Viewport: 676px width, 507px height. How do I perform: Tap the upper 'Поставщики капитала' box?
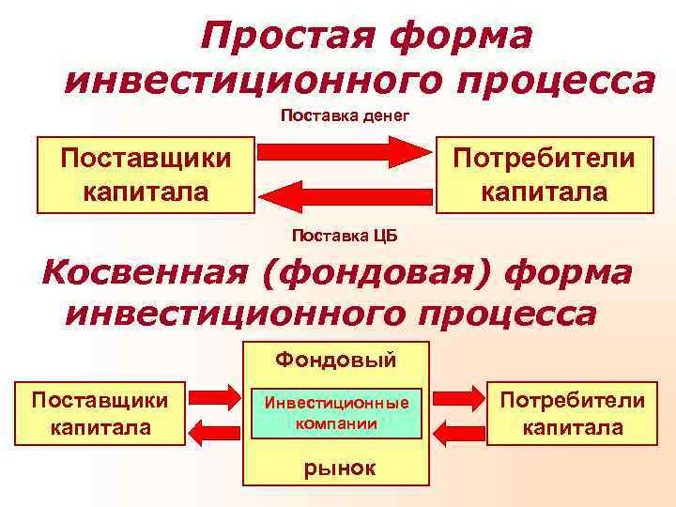[x=145, y=174]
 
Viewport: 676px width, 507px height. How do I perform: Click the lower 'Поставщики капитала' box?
[x=100, y=413]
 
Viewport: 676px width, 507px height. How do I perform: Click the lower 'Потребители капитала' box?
[x=572, y=413]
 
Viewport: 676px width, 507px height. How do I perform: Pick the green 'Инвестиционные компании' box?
[x=336, y=413]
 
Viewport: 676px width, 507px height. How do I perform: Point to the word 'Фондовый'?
[x=336, y=359]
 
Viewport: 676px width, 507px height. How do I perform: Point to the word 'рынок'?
[x=336, y=468]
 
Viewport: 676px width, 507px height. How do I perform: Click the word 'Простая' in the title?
[x=279, y=38]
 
